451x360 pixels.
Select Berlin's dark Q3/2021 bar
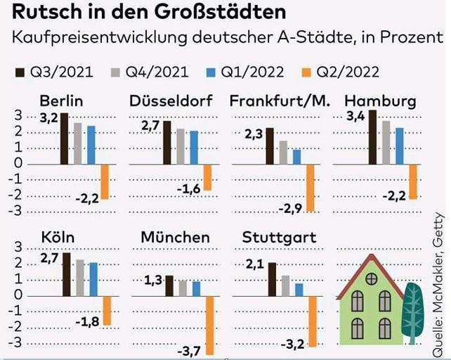[64, 139]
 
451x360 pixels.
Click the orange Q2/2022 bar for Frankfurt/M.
[310, 187]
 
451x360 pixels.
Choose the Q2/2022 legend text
[350, 72]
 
